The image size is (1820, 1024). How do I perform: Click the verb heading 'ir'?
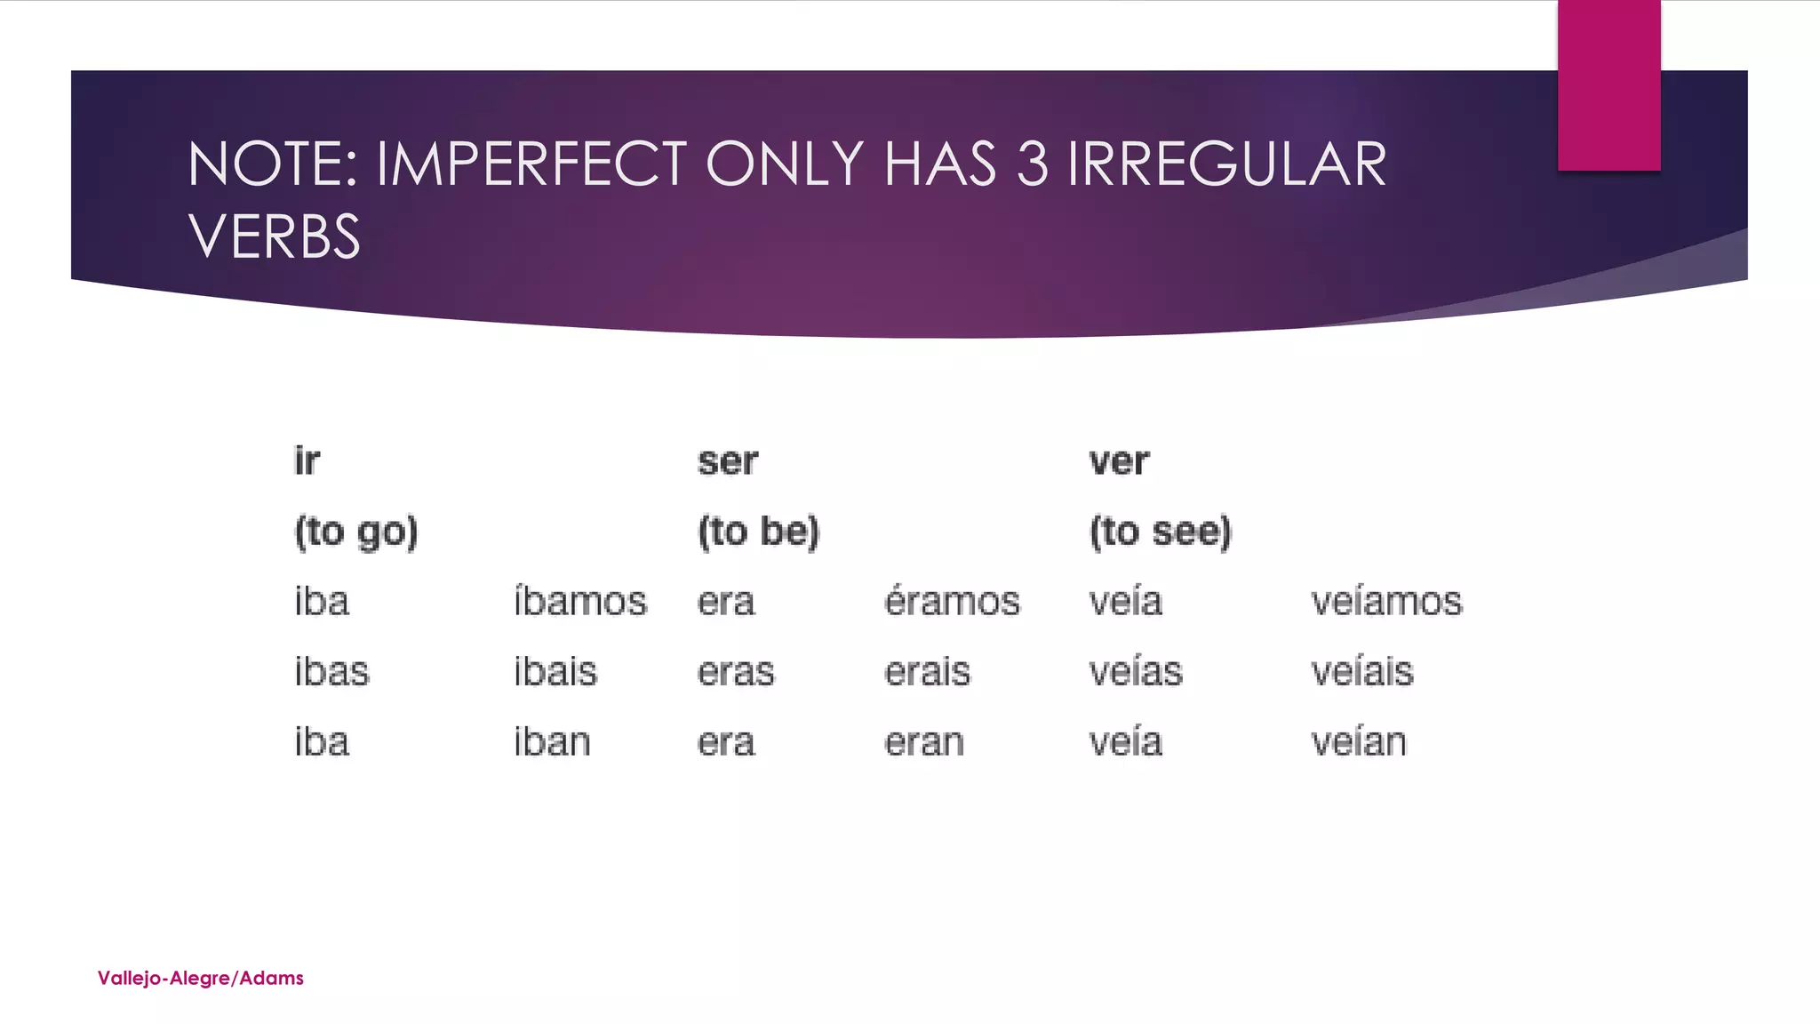(x=307, y=461)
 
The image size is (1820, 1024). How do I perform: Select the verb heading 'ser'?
(x=727, y=461)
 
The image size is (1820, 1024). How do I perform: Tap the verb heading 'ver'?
(x=1119, y=461)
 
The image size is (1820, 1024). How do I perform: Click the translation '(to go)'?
(x=355, y=532)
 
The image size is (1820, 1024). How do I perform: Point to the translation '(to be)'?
(x=758, y=532)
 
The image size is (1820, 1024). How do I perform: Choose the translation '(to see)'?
(x=1161, y=532)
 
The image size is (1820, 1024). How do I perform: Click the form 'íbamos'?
(x=580, y=602)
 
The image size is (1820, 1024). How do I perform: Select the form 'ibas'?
(x=331, y=671)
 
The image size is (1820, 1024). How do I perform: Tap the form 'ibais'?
(x=555, y=671)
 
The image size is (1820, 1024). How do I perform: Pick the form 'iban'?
(x=552, y=741)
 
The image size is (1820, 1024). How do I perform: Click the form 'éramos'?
(x=952, y=602)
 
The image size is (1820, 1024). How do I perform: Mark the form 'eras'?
(x=736, y=671)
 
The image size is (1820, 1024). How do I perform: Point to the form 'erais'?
(x=927, y=671)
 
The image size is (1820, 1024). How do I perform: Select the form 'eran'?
(x=924, y=741)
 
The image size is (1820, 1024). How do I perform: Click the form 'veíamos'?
(x=1386, y=602)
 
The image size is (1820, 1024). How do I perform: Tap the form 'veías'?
(x=1136, y=671)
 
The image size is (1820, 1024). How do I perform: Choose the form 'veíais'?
(x=1361, y=671)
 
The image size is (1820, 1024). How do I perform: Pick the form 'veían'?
(x=1359, y=741)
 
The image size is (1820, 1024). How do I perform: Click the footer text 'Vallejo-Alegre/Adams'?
(x=201, y=978)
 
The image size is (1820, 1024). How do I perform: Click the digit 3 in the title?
(x=1031, y=164)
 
